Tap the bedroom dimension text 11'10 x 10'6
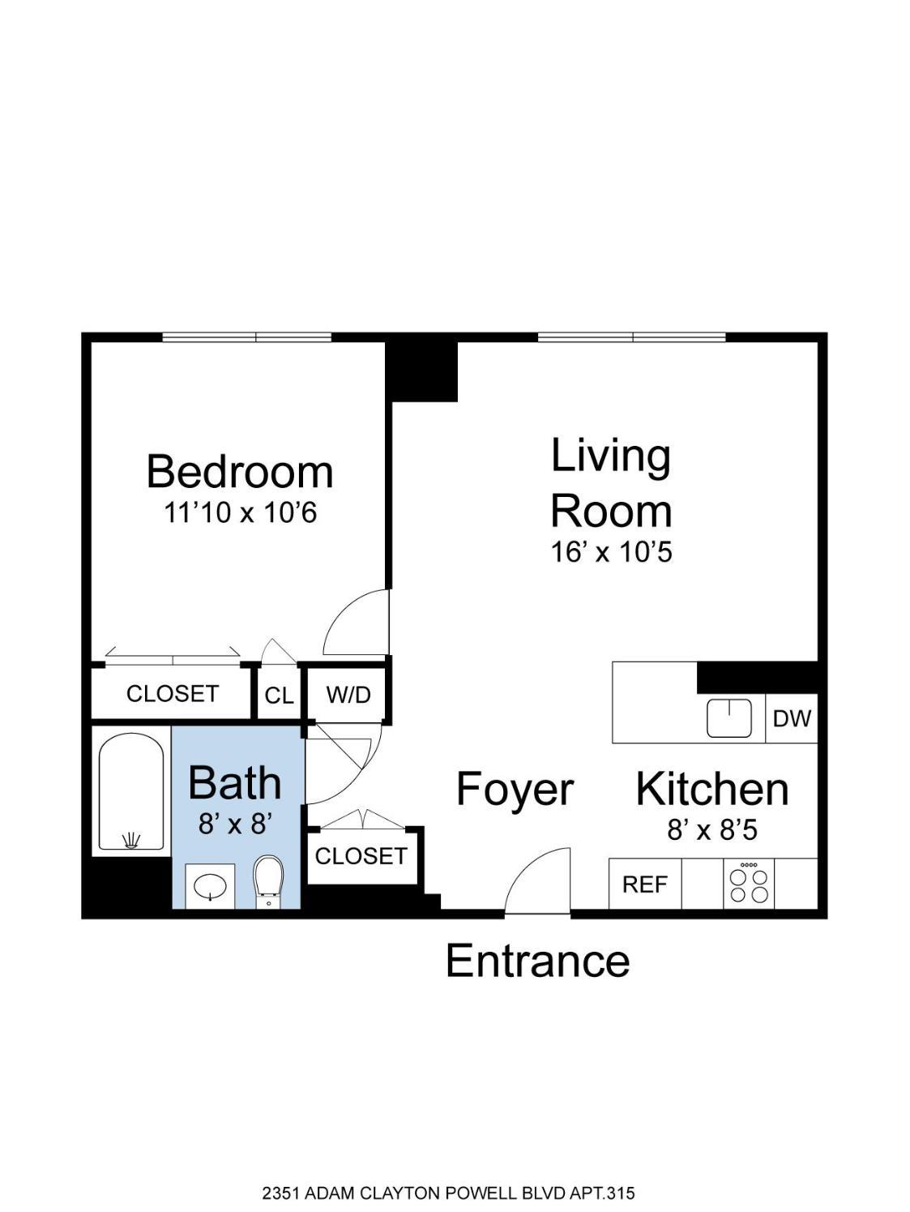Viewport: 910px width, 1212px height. pyautogui.click(x=241, y=513)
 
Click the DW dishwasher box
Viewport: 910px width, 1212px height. pyautogui.click(x=792, y=718)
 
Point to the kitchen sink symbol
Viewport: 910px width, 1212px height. pyautogui.click(x=729, y=717)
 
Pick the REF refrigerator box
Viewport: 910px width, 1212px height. pyautogui.click(x=645, y=884)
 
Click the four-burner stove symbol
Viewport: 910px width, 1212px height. pyautogui.click(x=749, y=884)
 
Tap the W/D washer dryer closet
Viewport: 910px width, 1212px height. pyautogui.click(x=348, y=695)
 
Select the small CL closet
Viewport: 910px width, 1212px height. pyautogui.click(x=280, y=695)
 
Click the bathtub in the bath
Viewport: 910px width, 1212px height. pyautogui.click(x=130, y=792)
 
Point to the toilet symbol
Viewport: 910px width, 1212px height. pyautogui.click(x=269, y=882)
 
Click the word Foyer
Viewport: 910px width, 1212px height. pyautogui.click(x=515, y=790)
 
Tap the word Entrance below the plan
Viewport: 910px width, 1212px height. pyautogui.click(x=537, y=961)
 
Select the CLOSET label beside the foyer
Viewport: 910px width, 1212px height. pyautogui.click(x=361, y=856)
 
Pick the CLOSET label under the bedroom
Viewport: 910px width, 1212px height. pyautogui.click(x=173, y=693)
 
